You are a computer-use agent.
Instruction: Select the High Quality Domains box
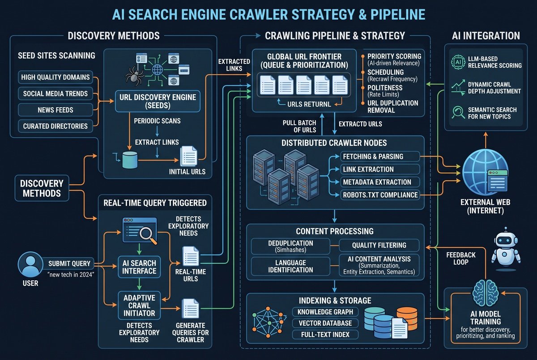55,77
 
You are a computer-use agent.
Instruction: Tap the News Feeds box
55,110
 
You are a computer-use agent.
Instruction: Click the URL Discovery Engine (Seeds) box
158,101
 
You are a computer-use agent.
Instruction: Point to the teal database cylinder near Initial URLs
130,160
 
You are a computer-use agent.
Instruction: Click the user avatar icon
30,264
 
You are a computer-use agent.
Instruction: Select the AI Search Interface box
139,267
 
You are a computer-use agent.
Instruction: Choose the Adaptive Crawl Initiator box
139,305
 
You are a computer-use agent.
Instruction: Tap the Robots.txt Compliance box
380,195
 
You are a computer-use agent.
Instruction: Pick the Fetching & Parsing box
380,157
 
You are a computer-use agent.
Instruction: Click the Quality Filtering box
379,245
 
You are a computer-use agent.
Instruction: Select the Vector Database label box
325,323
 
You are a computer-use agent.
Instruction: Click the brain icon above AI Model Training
486,294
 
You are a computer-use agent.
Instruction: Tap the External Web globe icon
485,172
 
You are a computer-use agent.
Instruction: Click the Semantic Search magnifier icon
458,112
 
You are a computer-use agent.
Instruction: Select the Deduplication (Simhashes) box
290,246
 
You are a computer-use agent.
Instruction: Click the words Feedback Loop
461,258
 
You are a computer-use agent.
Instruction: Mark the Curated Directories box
55,126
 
